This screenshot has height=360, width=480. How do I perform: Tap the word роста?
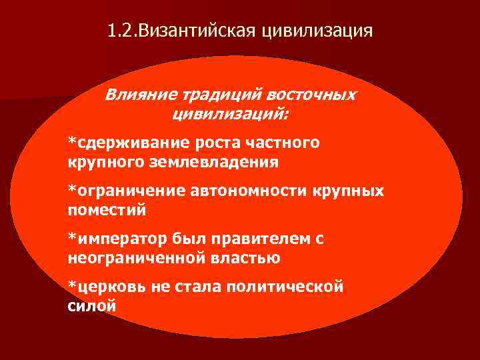(219, 143)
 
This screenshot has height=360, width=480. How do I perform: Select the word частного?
(283, 143)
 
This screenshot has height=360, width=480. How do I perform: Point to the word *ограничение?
(127, 191)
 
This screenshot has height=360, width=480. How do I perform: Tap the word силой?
(92, 306)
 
